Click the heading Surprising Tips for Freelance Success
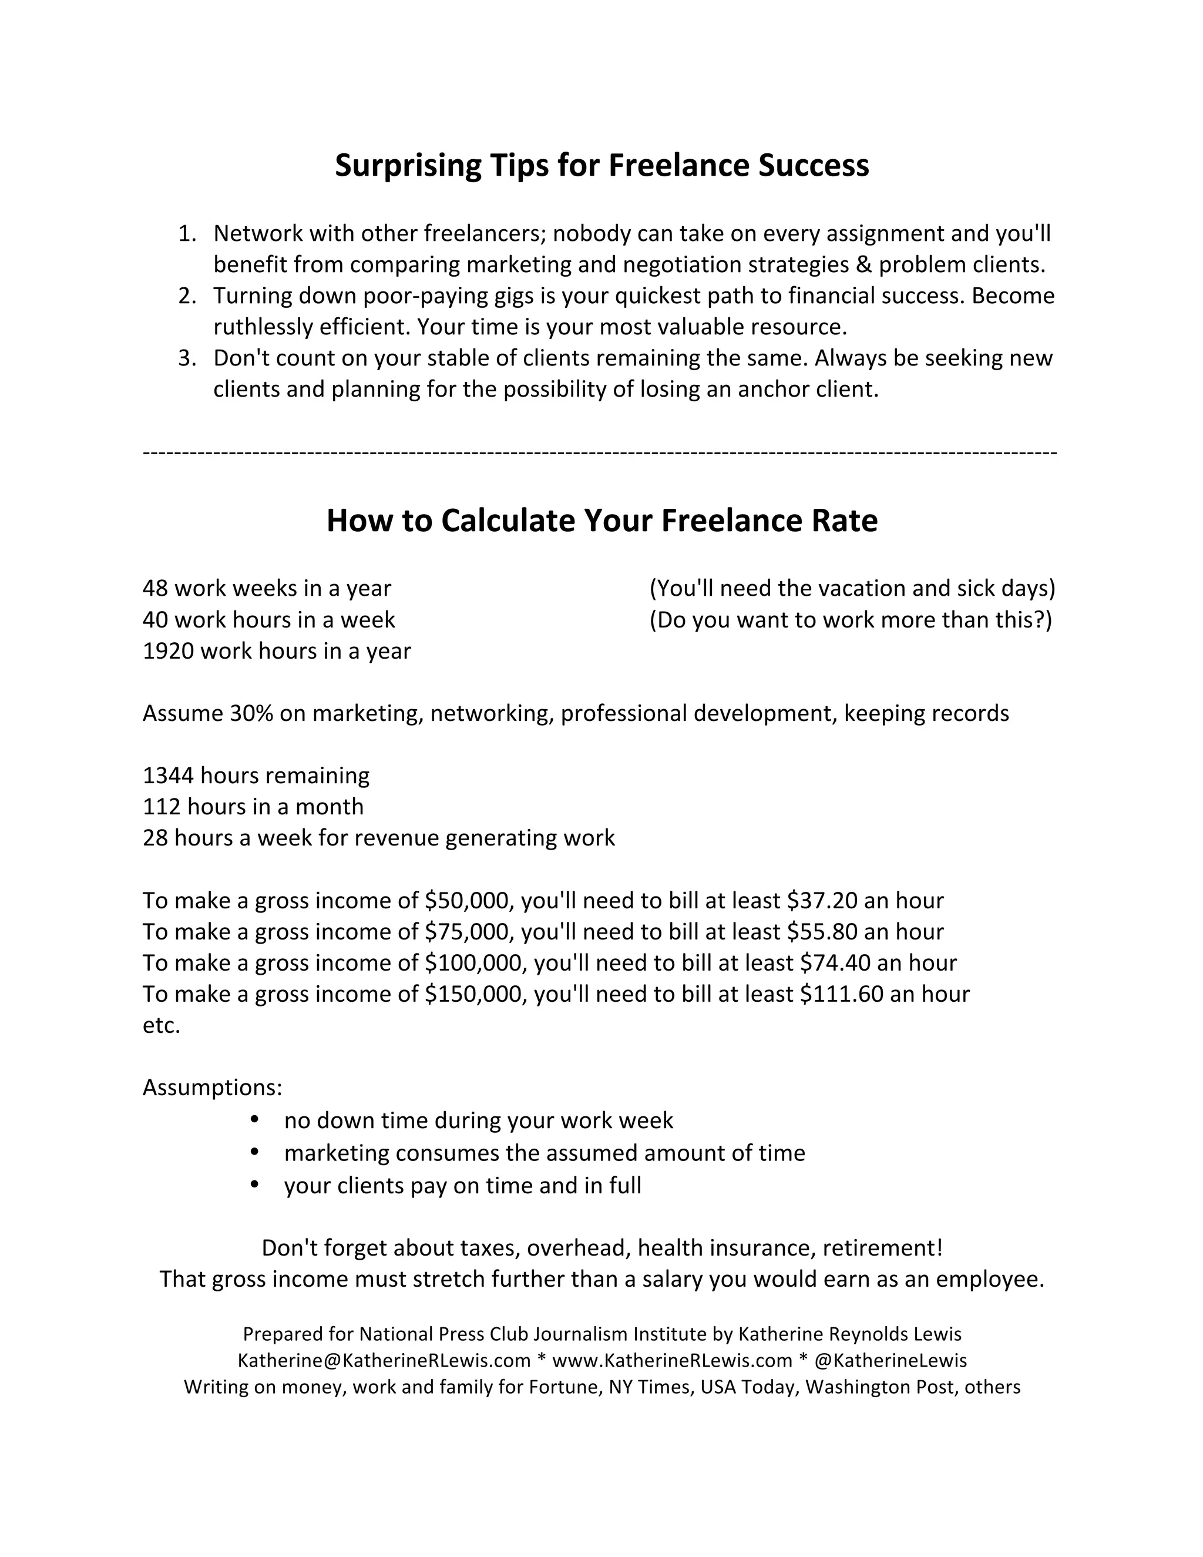(601, 166)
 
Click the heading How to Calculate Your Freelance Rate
(601, 521)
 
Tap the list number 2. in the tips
(187, 296)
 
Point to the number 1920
(168, 651)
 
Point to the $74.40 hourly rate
(835, 963)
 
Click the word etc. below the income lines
(161, 1026)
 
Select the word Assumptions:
(213, 1088)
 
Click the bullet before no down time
(254, 1120)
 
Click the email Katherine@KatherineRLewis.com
(384, 1361)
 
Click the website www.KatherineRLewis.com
(672, 1361)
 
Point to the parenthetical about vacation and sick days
(852, 589)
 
